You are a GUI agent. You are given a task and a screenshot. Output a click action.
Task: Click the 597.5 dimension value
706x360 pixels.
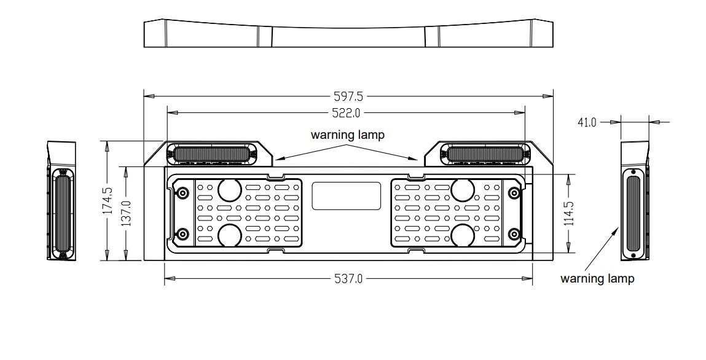click(348, 96)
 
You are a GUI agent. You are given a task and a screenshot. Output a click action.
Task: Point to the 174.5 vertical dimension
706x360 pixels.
click(108, 200)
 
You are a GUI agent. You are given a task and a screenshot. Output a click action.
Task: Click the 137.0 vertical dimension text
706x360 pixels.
click(127, 213)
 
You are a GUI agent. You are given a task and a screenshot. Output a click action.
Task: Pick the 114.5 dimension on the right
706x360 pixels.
click(568, 213)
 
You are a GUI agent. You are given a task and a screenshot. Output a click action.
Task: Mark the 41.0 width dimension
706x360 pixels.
click(587, 122)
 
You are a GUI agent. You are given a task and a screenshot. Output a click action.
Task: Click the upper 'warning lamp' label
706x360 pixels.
click(347, 135)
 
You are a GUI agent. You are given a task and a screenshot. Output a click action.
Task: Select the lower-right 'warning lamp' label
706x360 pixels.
click(597, 278)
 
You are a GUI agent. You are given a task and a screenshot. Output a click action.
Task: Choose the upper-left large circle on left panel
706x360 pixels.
click(229, 190)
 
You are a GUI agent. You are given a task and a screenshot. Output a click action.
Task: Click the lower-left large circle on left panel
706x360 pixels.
click(229, 235)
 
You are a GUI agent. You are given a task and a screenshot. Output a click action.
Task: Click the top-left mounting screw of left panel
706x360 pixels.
click(182, 194)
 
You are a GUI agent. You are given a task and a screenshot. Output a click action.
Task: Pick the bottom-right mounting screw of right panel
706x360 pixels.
click(514, 233)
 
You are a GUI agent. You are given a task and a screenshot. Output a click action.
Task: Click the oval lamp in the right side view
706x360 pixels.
click(633, 214)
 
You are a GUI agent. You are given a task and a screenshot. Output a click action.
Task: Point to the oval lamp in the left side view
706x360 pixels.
click(62, 213)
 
